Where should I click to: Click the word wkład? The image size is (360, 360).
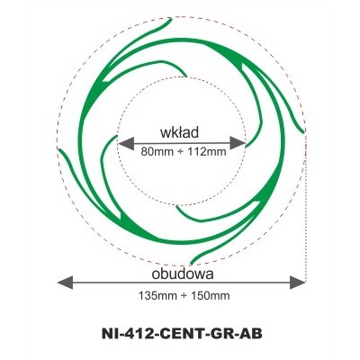179,132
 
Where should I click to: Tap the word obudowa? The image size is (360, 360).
183,274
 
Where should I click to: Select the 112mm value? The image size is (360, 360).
207,152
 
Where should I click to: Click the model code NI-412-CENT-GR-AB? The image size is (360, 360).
182,334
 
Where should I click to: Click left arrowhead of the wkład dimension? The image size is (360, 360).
126,143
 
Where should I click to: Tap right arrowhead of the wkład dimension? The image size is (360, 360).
238,143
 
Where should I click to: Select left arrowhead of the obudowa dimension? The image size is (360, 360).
65,283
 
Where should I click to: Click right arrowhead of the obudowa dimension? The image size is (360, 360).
298,283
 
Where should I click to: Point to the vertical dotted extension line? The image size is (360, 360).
305,207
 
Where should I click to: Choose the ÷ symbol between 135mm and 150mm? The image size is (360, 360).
184,296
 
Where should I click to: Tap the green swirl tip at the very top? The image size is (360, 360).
171,19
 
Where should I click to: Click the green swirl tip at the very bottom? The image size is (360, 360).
191,264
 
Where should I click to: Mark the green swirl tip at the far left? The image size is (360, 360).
59,149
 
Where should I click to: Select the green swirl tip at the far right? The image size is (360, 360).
303,131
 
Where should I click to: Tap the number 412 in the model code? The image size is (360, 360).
135,334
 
